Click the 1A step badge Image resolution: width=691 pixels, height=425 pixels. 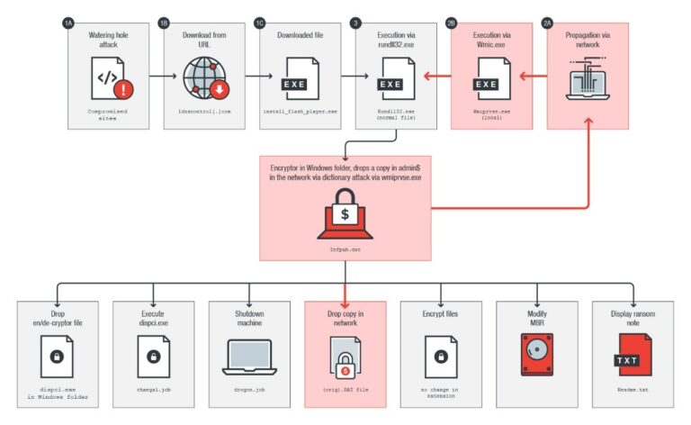click(x=68, y=23)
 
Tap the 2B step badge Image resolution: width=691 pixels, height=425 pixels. click(x=453, y=23)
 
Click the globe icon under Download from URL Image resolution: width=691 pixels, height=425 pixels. click(x=204, y=78)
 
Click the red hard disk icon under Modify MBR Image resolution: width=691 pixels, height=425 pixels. click(x=537, y=354)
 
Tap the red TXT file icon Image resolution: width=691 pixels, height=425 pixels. click(x=633, y=354)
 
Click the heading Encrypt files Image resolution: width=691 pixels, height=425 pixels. click(x=441, y=315)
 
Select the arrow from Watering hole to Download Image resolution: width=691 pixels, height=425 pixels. click(x=155, y=77)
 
